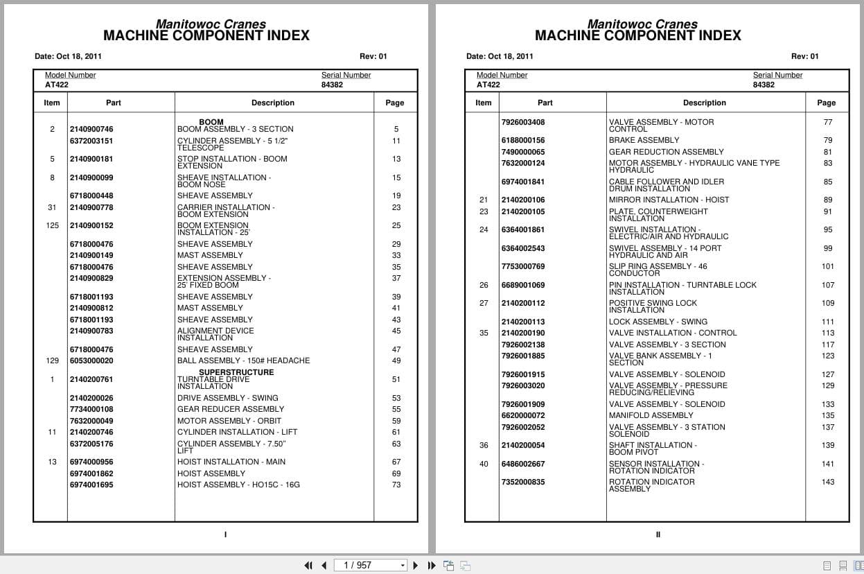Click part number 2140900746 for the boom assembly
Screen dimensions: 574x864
[x=91, y=129]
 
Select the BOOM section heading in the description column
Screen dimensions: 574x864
[x=211, y=122]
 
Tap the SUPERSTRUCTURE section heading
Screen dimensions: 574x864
[x=236, y=372]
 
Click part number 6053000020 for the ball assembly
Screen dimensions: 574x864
[x=91, y=360]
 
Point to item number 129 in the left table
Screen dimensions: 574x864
[x=52, y=360]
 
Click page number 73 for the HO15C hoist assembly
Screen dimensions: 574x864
[x=396, y=485]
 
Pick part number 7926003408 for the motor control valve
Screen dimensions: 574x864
[x=523, y=122]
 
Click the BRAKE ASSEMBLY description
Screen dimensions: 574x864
[x=644, y=140]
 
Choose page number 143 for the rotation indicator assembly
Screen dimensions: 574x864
[x=828, y=482]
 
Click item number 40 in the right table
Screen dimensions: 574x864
[x=484, y=464]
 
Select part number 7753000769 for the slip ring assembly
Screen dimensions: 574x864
[x=523, y=266]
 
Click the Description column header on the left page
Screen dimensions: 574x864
[x=273, y=103]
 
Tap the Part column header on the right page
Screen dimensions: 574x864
[x=545, y=103]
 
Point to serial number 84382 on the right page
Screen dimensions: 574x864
[x=764, y=85]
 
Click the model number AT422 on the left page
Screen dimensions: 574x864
[x=57, y=85]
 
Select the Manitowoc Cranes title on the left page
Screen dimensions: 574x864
[x=211, y=24]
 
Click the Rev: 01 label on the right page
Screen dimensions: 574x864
[x=804, y=56]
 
